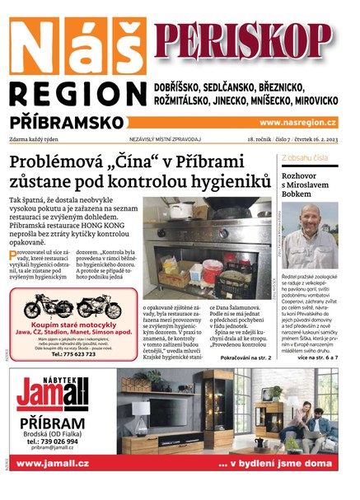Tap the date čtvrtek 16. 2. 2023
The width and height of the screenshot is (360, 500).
pos(309,140)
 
